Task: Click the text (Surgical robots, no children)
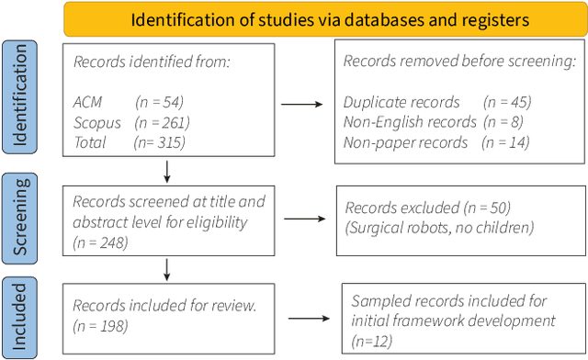click(437, 226)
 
